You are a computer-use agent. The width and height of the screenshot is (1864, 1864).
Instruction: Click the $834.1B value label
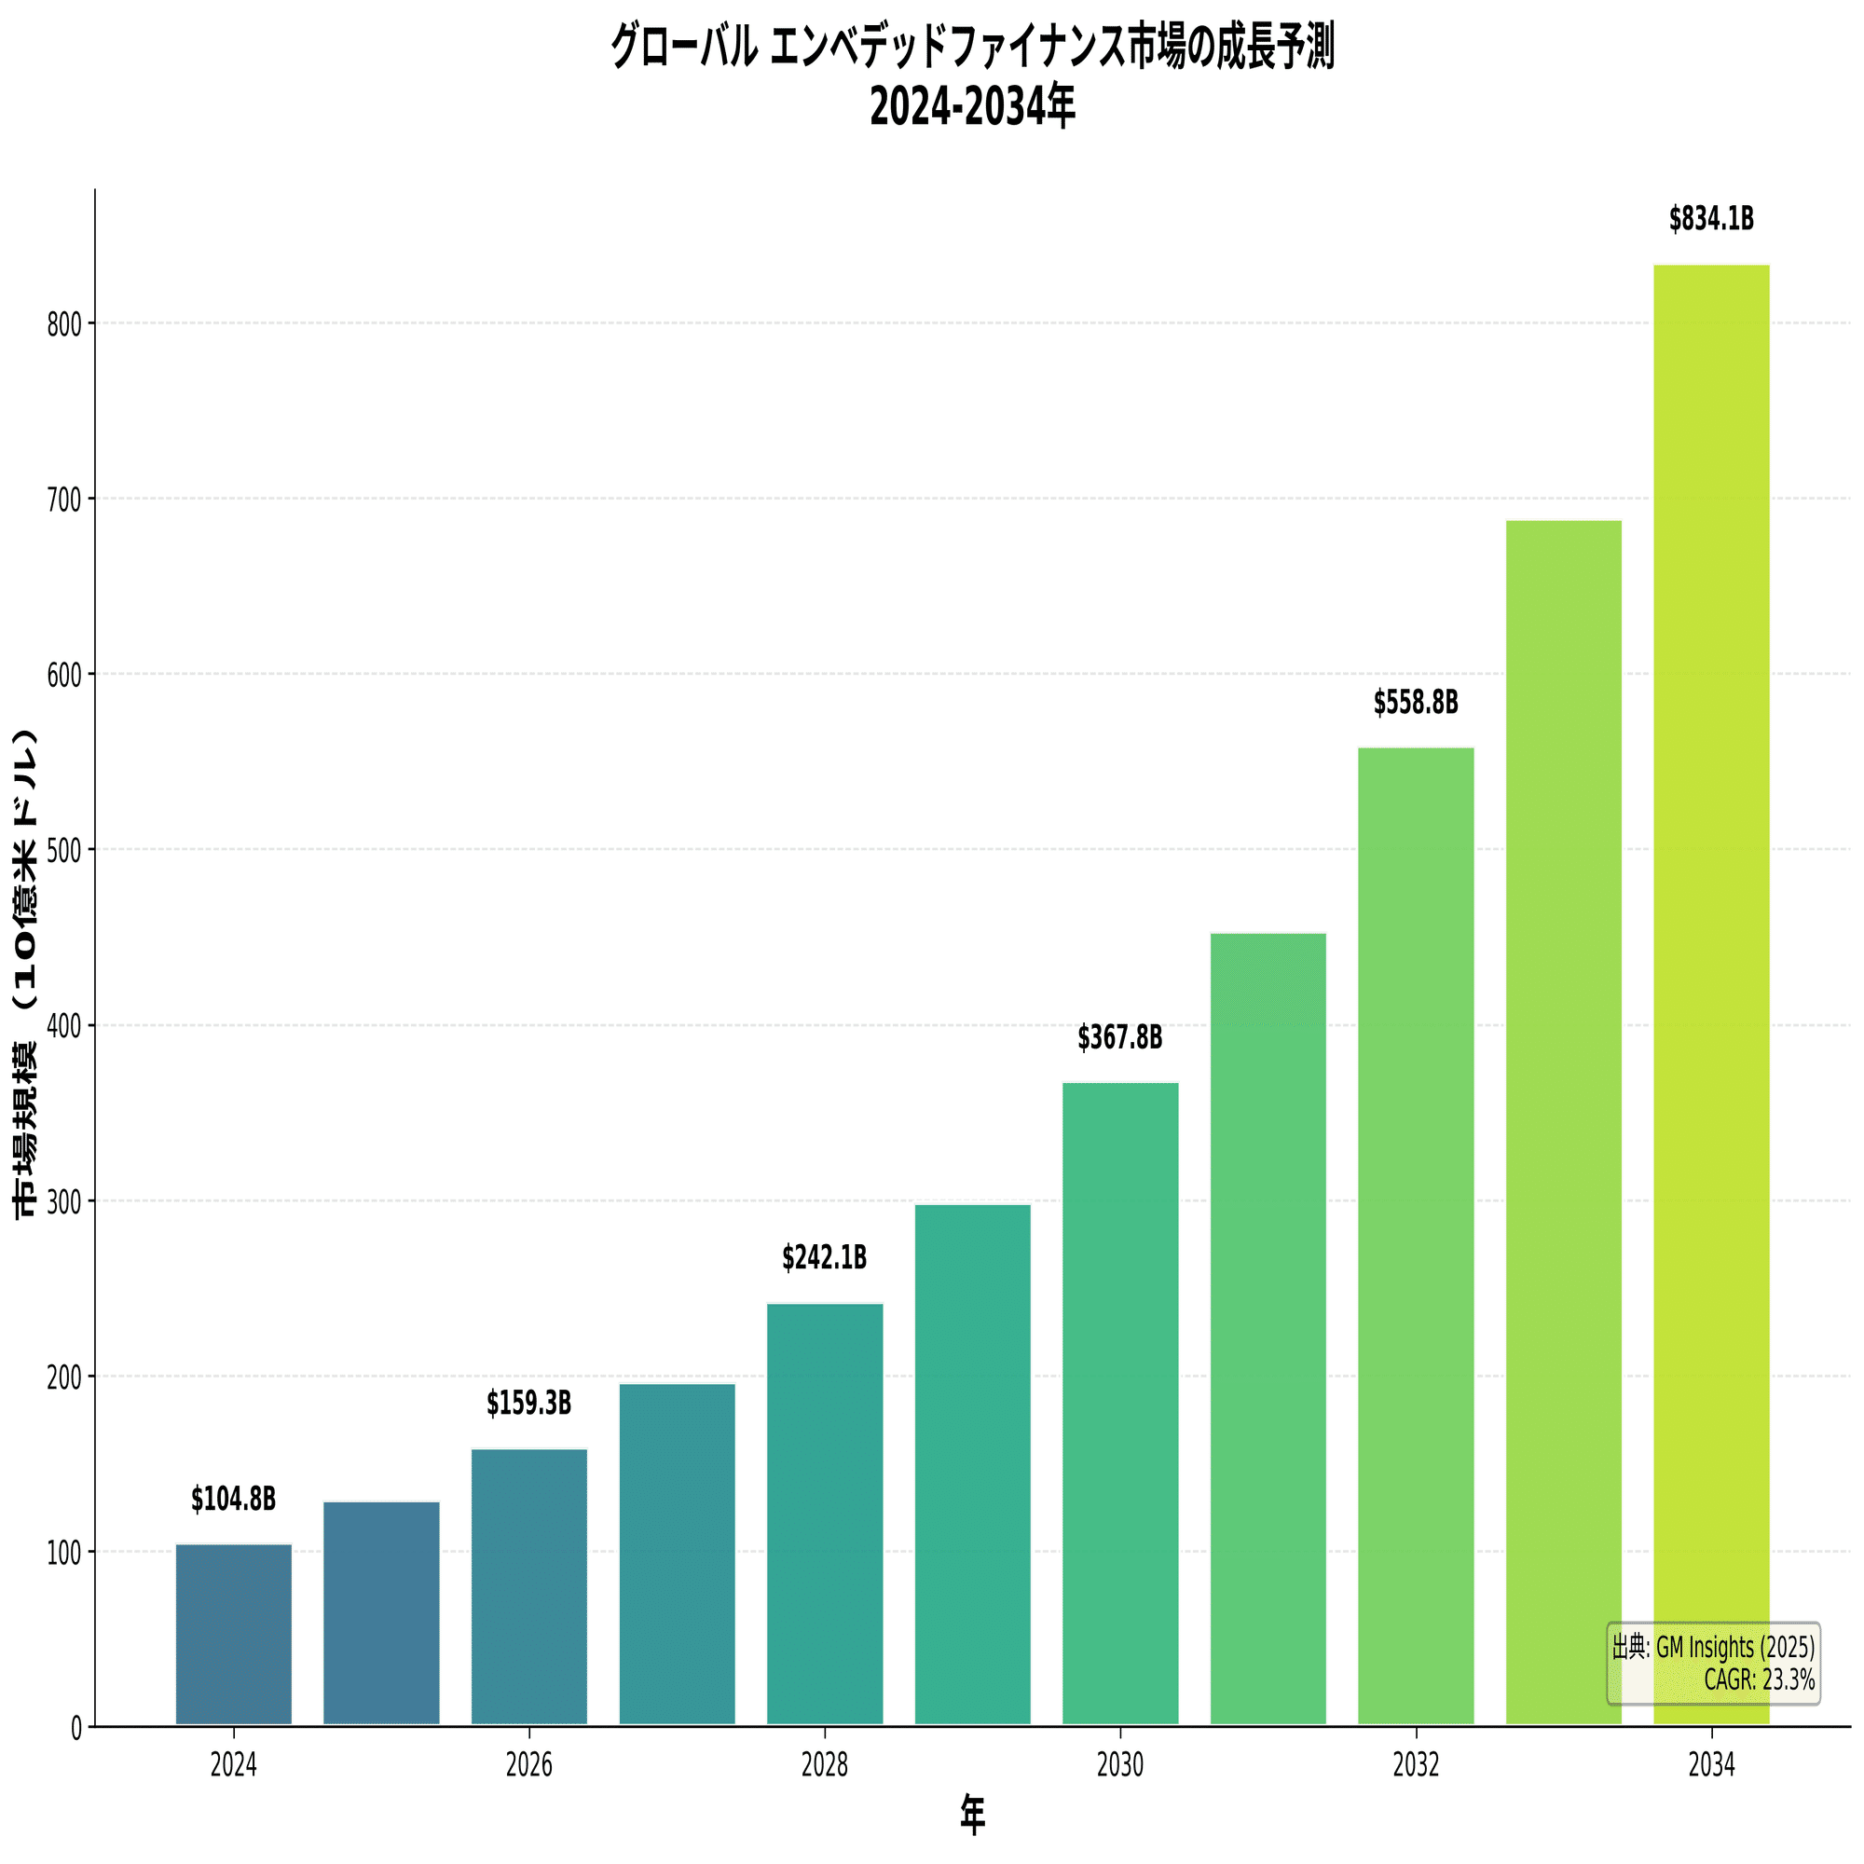[x=1710, y=220]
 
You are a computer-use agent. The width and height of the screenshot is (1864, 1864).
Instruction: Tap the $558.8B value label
[x=1416, y=704]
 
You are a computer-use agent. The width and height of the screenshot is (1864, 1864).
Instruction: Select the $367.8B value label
[x=1120, y=1038]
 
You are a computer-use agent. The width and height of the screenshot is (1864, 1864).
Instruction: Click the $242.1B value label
[x=824, y=1258]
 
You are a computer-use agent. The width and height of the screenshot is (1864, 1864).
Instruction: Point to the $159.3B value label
[x=528, y=1404]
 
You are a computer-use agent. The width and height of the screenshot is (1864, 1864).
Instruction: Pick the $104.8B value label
[x=234, y=1500]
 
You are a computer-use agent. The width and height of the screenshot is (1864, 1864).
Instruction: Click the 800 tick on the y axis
[x=64, y=324]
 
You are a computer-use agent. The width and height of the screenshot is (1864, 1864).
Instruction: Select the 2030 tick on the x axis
[x=1120, y=1765]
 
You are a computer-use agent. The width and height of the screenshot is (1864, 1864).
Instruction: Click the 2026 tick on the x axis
[x=528, y=1765]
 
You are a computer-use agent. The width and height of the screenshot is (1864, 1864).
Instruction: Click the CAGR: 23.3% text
[x=1759, y=1679]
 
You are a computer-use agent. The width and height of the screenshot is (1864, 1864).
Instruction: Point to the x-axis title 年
[x=972, y=1816]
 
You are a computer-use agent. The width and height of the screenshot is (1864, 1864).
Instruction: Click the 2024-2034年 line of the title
[x=972, y=107]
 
